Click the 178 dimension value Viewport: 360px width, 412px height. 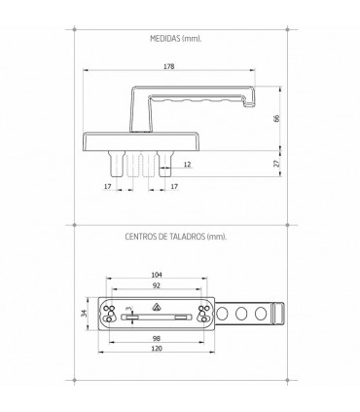168,66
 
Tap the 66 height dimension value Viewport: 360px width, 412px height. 276,118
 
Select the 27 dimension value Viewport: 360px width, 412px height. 276,164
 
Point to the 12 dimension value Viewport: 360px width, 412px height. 187,165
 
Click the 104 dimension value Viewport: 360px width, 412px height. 157,275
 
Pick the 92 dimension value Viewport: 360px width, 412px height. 157,285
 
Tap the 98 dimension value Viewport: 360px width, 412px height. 157,338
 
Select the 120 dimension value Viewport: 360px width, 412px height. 157,349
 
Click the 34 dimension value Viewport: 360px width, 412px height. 84,314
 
